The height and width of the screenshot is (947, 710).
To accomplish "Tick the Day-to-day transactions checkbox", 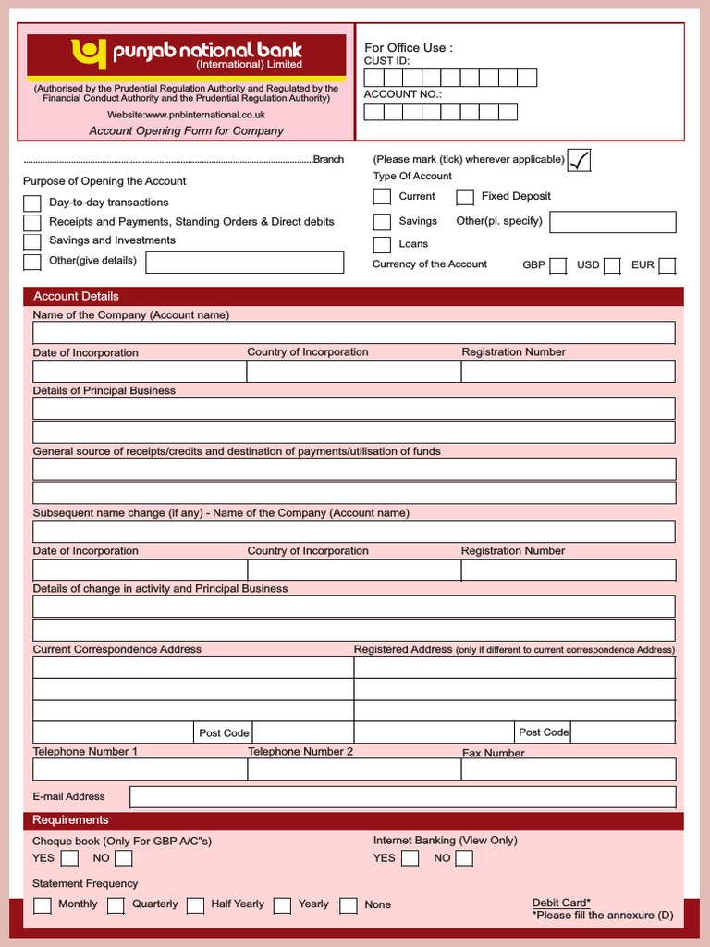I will [x=32, y=203].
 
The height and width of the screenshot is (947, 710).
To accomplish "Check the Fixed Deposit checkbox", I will [x=465, y=197].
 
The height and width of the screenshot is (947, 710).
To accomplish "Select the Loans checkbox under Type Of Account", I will [x=382, y=245].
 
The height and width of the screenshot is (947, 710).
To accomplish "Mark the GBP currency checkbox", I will [x=557, y=266].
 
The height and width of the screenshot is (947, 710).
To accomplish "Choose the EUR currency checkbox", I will [x=667, y=266].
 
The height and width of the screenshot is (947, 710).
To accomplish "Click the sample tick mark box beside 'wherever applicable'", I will [x=579, y=160].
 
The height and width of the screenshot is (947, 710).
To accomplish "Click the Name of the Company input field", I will [x=353, y=333].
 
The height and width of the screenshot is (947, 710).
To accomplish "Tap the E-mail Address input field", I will [x=402, y=797].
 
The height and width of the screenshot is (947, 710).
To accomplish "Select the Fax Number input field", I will [x=569, y=769].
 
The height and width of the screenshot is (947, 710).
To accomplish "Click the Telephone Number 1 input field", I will [x=140, y=769].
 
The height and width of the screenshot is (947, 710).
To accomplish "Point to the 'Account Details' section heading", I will [x=76, y=296].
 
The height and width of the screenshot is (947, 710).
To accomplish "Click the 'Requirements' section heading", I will [x=70, y=820].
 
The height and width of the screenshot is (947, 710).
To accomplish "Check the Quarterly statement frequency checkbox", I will [x=116, y=905].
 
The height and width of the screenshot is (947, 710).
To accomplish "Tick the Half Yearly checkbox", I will [x=195, y=905].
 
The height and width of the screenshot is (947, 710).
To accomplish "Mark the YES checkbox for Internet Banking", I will [x=410, y=859].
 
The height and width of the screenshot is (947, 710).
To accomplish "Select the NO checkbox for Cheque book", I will [x=123, y=859].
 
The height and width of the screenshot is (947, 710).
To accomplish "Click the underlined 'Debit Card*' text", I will [x=561, y=903].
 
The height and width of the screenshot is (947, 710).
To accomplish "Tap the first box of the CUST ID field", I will [x=373, y=78].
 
